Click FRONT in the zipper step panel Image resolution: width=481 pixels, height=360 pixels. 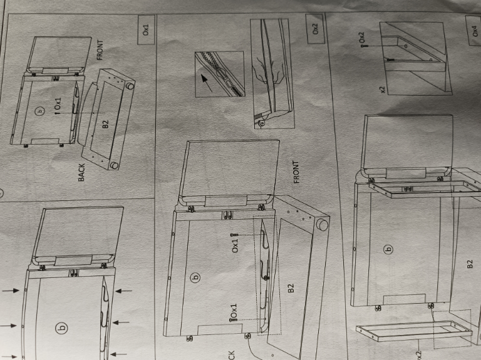[296, 172]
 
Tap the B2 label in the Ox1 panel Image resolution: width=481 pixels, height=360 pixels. [105, 121]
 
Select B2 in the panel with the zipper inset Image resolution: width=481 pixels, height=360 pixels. [291, 289]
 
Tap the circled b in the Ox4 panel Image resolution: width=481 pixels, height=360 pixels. [388, 250]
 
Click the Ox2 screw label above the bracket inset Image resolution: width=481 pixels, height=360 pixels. [361, 41]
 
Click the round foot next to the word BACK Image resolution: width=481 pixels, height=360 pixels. [115, 166]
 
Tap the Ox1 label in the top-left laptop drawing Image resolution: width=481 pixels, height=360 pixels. [58, 104]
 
